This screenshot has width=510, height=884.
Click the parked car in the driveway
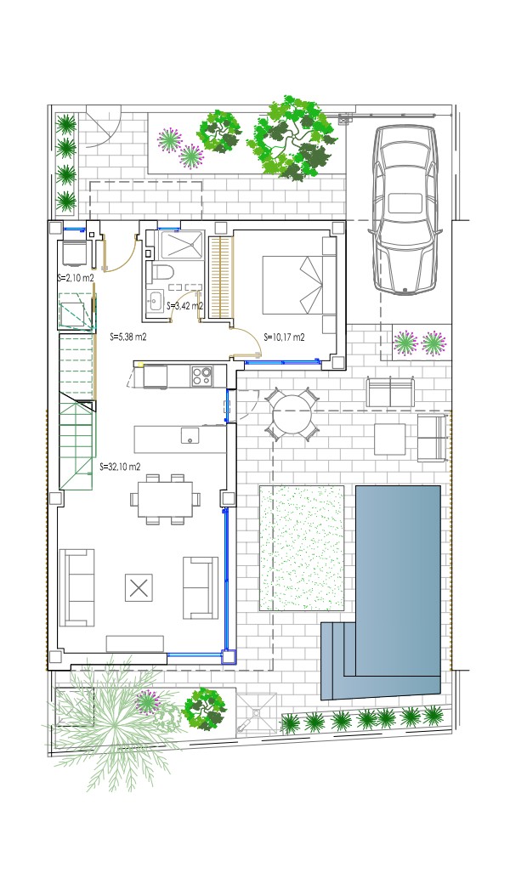point(405,208)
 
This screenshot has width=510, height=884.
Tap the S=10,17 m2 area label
point(284,337)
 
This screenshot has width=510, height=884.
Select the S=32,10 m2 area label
point(120,467)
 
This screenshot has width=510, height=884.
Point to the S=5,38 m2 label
point(128,337)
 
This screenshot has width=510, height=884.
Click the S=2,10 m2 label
point(76,277)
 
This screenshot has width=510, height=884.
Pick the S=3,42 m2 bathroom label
point(184,306)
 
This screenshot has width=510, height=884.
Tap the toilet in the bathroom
point(161,273)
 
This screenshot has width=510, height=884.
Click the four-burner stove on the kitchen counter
point(201,377)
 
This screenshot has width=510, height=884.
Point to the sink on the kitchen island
point(190,435)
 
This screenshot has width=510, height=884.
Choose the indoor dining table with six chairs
point(165,500)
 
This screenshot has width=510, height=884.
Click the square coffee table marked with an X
point(139,588)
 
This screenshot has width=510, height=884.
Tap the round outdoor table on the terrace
point(292,413)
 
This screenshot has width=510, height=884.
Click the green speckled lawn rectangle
point(302,548)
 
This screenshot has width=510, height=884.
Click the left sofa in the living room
point(76,587)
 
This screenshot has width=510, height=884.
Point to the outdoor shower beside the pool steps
point(257,713)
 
